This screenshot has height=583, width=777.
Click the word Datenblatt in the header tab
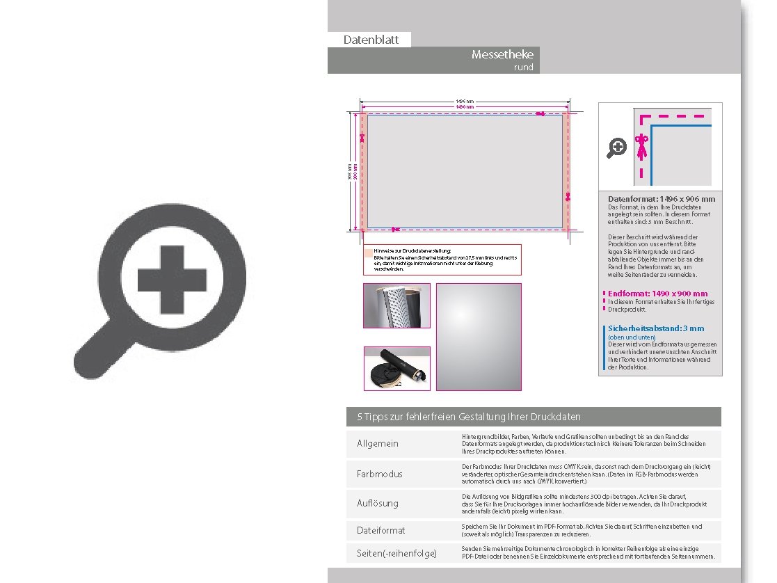(371, 40)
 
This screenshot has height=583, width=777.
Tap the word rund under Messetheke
(523, 67)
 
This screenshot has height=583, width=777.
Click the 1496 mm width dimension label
(465, 102)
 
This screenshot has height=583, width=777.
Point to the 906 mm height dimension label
(349, 171)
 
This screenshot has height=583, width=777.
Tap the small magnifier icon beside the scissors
(616, 147)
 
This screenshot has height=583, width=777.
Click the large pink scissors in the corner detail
(641, 145)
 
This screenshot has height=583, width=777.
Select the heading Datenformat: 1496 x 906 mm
(661, 199)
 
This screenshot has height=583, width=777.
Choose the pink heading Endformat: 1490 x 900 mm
(657, 294)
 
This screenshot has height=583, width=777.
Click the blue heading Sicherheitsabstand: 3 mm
(656, 328)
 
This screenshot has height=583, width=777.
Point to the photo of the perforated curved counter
(397, 305)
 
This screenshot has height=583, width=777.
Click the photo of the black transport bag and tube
(397, 368)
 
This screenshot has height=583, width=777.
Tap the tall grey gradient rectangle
(479, 337)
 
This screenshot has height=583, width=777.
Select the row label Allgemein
(378, 444)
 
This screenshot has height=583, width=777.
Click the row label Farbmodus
(379, 474)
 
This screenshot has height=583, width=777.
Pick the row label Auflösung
(378, 503)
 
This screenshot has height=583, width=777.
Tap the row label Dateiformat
(381, 530)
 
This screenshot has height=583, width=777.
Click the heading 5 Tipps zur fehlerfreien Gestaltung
(469, 417)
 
